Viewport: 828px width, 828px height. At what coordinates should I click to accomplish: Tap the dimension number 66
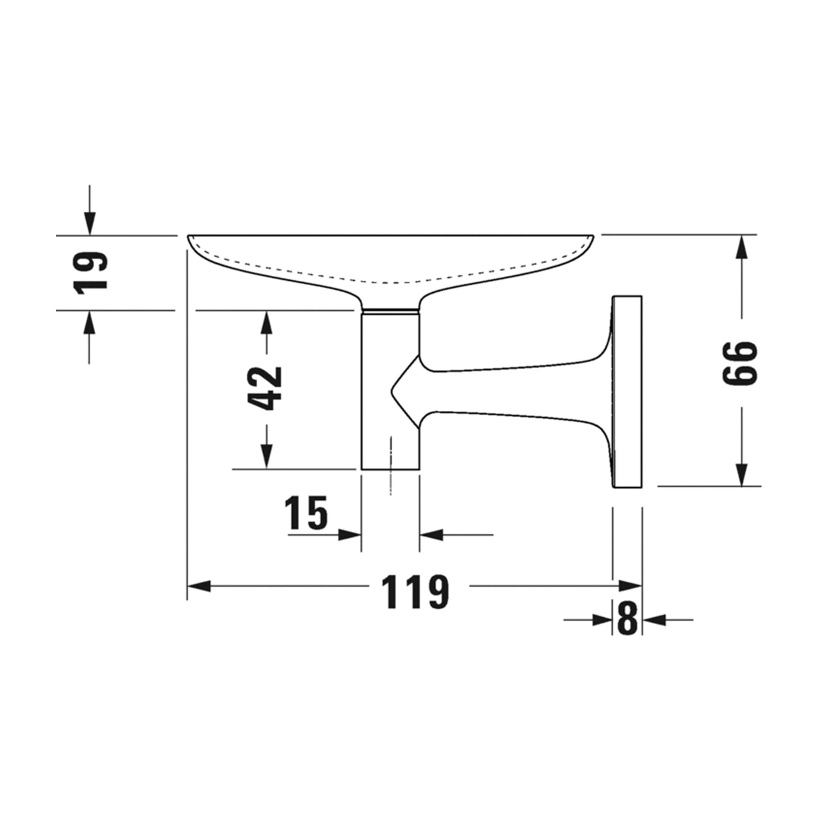pos(740,363)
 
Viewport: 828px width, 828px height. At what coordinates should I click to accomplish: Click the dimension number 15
pos(306,513)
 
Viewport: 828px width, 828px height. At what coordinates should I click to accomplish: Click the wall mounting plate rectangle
pos(628,392)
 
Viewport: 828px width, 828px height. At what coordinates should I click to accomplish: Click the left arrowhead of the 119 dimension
pos(199,586)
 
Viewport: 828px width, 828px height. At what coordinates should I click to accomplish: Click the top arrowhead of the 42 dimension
pos(267,322)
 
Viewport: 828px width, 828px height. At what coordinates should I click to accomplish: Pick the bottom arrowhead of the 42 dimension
pos(267,457)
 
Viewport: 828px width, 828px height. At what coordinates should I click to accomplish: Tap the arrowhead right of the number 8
pos(655,619)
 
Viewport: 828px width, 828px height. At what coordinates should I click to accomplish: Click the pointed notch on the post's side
pos(392,389)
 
